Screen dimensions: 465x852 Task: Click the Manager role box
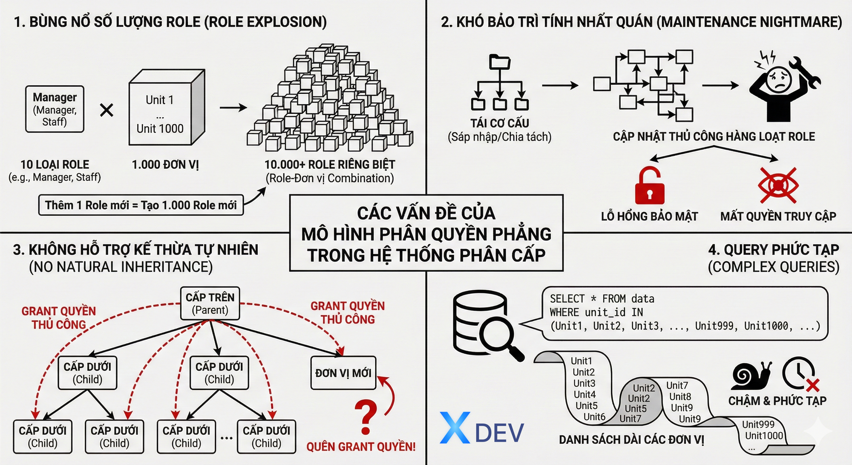click(55, 109)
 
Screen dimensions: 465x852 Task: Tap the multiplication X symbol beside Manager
click(106, 110)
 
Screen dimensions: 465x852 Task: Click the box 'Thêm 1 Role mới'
click(141, 205)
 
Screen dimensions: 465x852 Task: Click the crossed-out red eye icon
click(778, 185)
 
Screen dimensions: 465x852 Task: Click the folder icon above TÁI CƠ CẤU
click(500, 62)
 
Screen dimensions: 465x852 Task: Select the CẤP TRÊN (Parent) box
click(210, 303)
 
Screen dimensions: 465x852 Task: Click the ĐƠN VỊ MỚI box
click(343, 373)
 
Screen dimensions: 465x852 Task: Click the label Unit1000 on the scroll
click(764, 436)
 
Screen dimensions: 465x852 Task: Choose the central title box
click(426, 233)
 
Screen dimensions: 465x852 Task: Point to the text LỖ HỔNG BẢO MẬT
click(649, 217)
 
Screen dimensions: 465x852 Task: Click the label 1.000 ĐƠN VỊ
click(165, 165)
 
